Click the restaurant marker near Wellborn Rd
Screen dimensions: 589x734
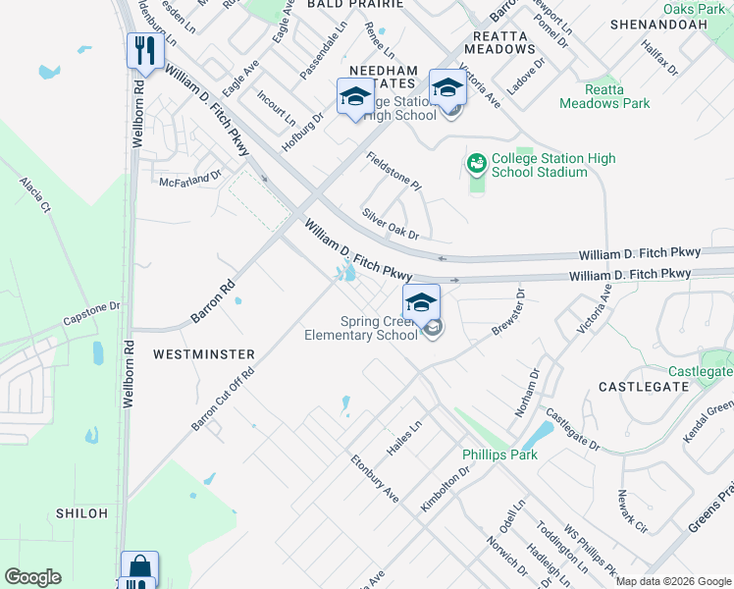143,51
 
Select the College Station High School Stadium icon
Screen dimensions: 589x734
477,163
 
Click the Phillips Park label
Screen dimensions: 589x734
500,455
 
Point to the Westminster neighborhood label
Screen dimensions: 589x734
204,353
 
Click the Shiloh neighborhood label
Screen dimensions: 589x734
82,513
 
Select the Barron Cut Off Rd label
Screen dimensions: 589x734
223,399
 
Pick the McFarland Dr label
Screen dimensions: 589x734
190,181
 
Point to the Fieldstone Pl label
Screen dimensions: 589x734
393,171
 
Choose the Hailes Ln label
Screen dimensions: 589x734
403,438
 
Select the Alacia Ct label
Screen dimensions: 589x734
33,195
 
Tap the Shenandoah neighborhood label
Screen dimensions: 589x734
658,23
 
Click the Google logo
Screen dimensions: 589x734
32,577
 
